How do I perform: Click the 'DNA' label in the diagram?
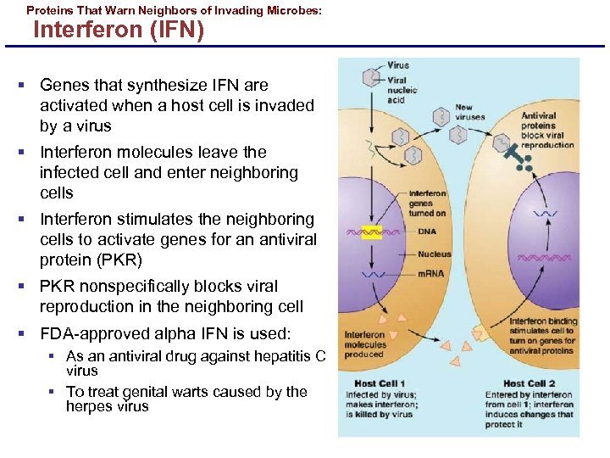point(427,232)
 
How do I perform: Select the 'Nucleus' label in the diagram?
point(434,254)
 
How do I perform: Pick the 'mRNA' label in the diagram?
point(430,274)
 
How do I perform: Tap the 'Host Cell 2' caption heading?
point(529,383)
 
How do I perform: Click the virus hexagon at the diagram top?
point(370,77)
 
